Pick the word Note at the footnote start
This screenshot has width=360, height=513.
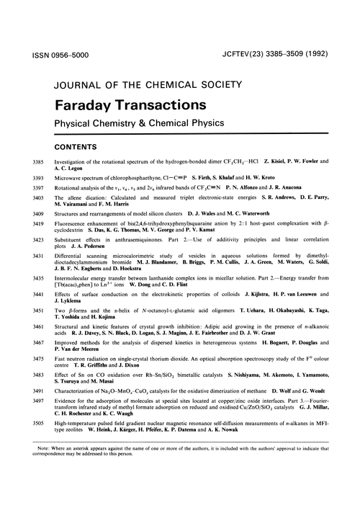[32, 491]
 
